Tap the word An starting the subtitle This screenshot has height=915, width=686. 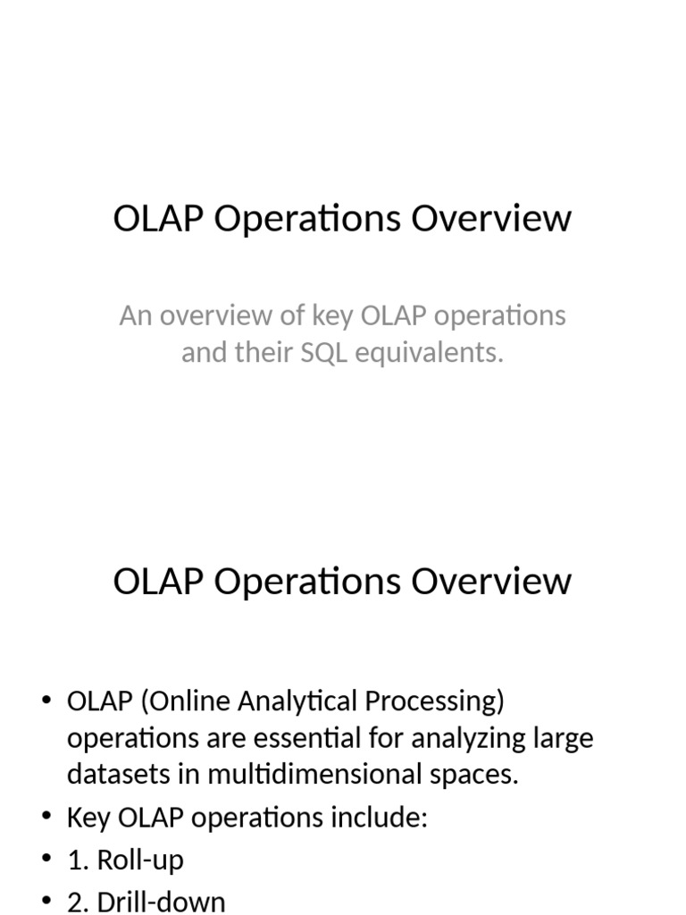click(x=135, y=315)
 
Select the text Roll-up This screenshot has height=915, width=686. click(x=140, y=860)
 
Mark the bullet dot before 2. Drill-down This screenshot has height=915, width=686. click(x=47, y=901)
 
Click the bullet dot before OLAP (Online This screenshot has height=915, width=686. click(x=47, y=701)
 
